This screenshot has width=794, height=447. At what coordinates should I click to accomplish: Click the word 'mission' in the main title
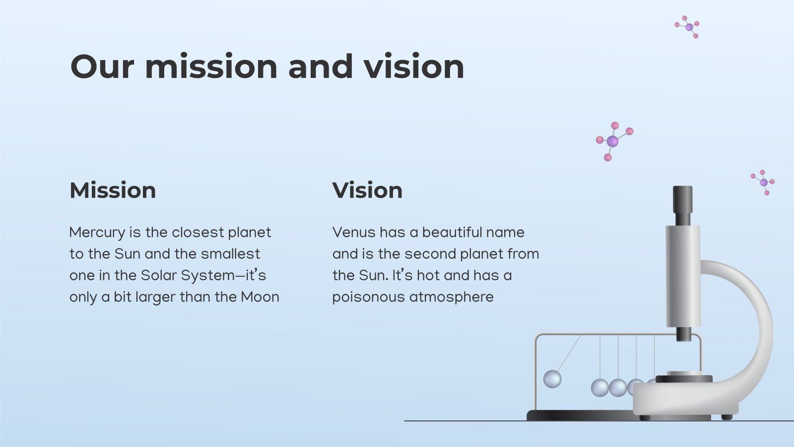(x=211, y=67)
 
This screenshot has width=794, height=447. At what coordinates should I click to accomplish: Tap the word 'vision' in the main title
(x=414, y=67)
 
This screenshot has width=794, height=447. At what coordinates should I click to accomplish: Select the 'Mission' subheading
(x=113, y=190)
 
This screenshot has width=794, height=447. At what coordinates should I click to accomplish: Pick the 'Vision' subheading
(x=367, y=190)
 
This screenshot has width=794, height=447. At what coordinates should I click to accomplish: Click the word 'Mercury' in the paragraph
(x=97, y=233)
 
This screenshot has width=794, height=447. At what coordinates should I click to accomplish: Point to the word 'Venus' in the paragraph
(x=354, y=232)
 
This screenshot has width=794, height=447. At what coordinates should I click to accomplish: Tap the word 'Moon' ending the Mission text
(x=260, y=297)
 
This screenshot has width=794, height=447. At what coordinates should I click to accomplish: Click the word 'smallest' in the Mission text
(x=230, y=254)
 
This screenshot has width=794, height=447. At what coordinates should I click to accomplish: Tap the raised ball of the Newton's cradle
(x=552, y=379)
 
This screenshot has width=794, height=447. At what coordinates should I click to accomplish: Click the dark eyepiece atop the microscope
(x=683, y=206)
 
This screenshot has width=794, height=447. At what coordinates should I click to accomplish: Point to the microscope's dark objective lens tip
(x=684, y=334)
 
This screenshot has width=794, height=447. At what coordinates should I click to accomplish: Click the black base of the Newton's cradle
(x=581, y=415)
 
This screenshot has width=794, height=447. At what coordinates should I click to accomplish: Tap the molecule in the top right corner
(x=687, y=27)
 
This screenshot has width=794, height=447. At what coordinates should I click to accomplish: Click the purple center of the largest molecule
(x=612, y=141)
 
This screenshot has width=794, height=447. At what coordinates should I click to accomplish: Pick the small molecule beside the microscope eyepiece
(x=763, y=182)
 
